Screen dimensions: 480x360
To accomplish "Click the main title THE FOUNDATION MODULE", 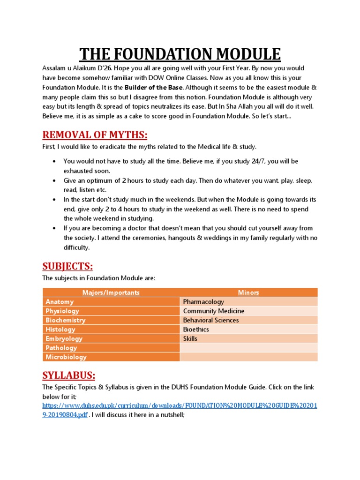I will point(180,54).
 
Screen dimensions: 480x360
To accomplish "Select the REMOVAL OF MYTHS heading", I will point(95,135).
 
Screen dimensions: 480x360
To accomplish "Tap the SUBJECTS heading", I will point(67,266).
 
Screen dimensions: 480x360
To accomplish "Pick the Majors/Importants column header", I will point(111,292).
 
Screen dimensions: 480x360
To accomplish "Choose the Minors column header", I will point(248,292).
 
